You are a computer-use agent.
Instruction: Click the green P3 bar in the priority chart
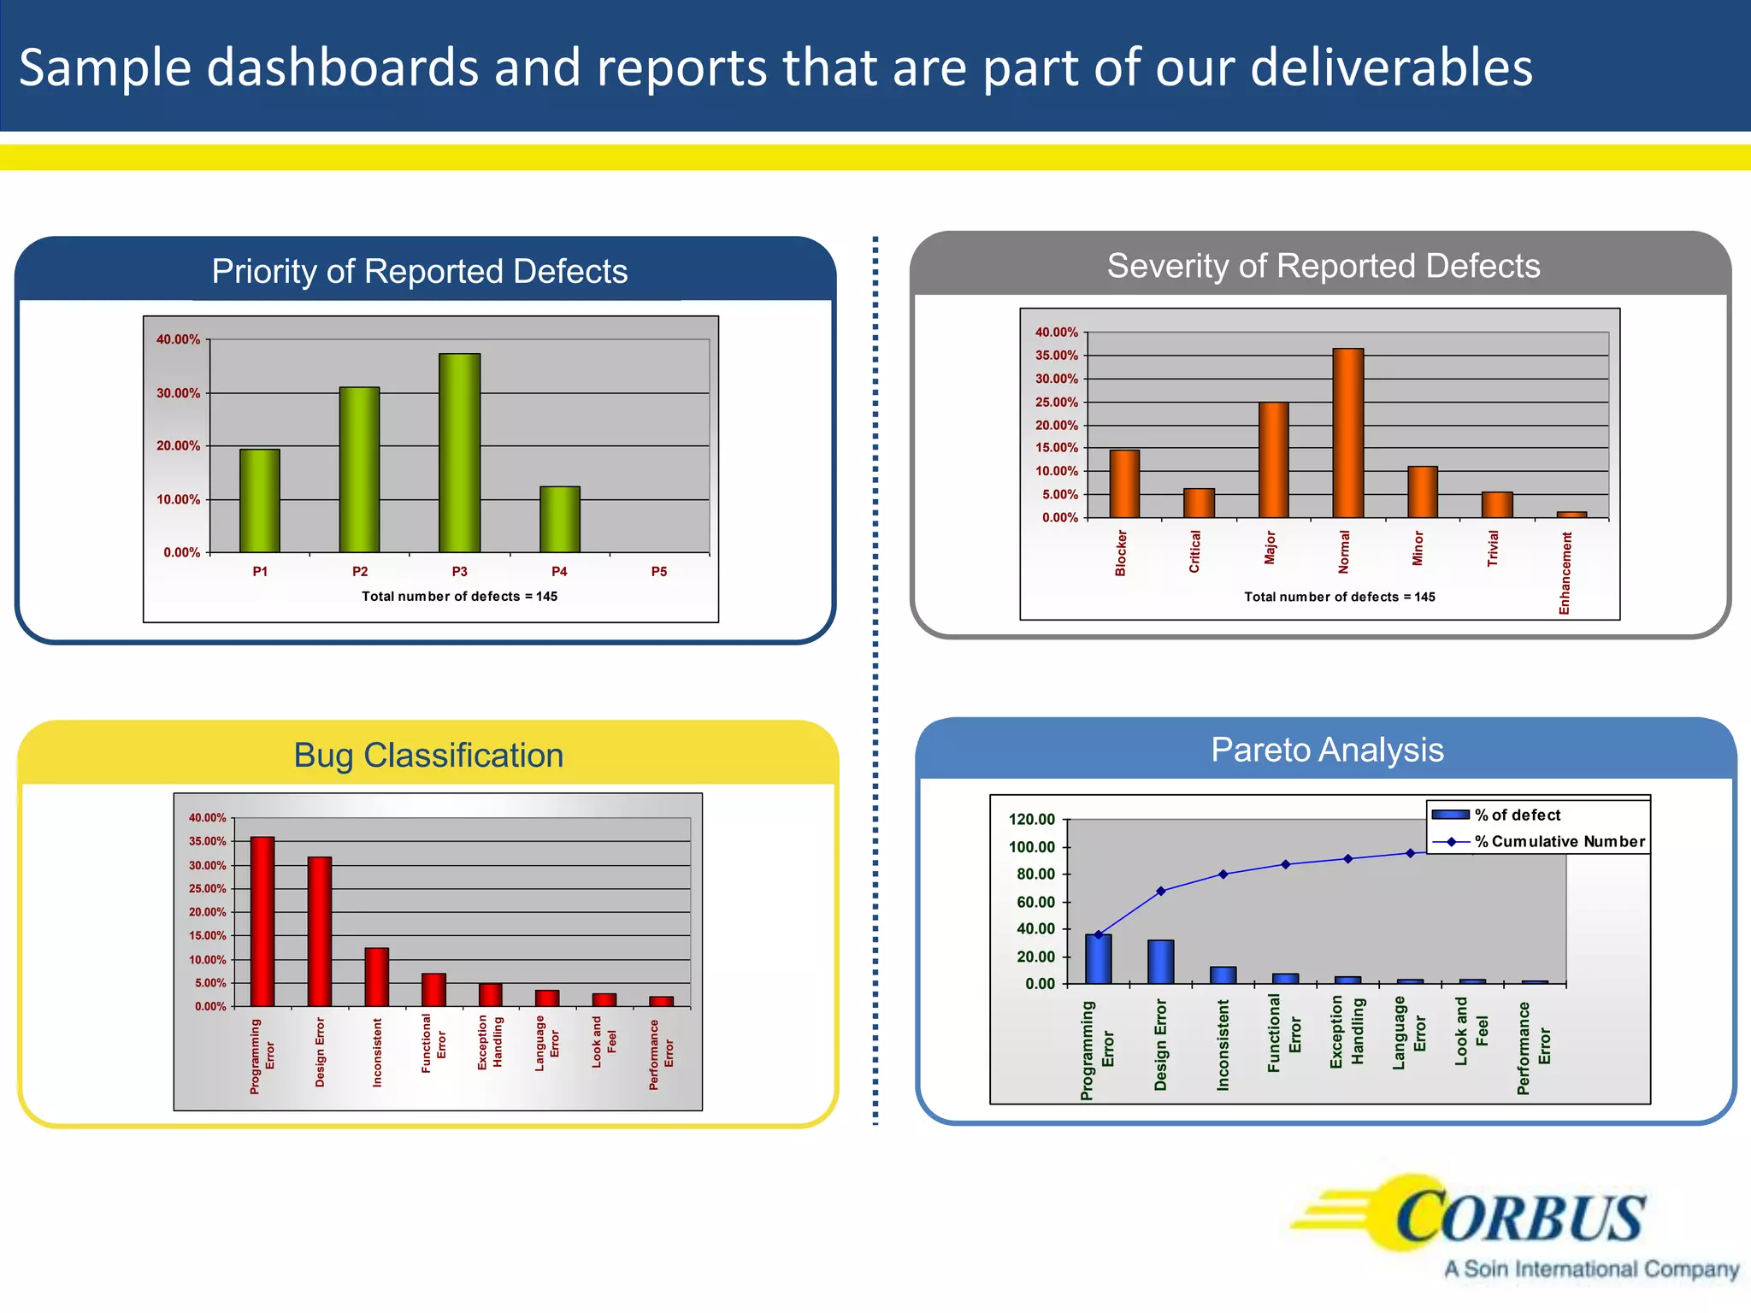[x=459, y=453]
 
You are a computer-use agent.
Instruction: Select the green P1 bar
[x=259, y=501]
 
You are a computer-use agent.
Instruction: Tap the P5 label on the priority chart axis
[x=658, y=571]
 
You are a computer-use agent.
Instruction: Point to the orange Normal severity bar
[x=1347, y=433]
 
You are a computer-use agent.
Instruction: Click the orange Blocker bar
[x=1124, y=484]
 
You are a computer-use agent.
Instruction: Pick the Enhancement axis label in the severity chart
[x=1565, y=573]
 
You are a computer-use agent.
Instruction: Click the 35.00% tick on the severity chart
[x=1056, y=356]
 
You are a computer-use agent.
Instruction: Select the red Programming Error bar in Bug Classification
[x=262, y=921]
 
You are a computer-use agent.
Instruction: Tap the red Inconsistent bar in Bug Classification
[x=376, y=977]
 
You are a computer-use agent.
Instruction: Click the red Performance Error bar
[x=661, y=1002]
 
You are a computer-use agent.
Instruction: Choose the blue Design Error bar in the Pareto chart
[x=1160, y=963]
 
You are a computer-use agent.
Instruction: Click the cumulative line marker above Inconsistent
[x=1223, y=874]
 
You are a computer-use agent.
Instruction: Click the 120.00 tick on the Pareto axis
[x=1031, y=820]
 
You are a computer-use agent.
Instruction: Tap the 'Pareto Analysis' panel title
[x=1327, y=750]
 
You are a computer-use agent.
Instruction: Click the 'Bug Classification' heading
[x=428, y=756]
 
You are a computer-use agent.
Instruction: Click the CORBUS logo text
[x=1519, y=1218]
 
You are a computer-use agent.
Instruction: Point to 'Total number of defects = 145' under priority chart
[x=459, y=597]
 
